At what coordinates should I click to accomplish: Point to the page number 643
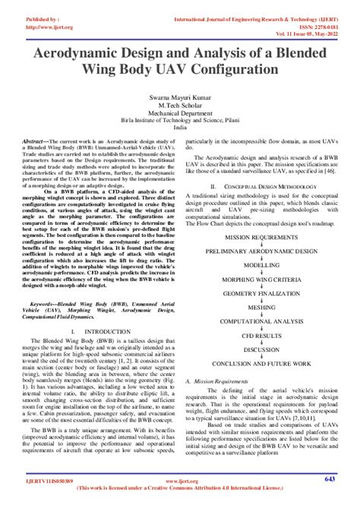(330, 479)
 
